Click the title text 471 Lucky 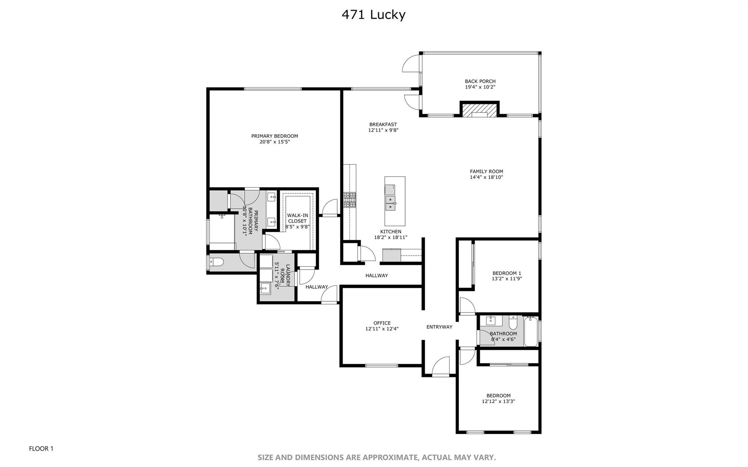(373, 15)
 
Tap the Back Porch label (480, 81)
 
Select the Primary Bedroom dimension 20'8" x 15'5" (275, 142)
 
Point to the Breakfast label (383, 125)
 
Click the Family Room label (486, 172)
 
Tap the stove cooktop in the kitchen (350, 200)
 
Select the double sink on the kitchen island (391, 203)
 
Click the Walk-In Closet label (298, 218)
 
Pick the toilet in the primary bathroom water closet (216, 262)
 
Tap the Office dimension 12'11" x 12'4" (382, 329)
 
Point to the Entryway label (439, 327)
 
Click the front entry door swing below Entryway (440, 366)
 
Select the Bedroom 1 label (507, 273)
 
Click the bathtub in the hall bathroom (531, 332)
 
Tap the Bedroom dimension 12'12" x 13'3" (499, 401)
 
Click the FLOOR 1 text (41, 449)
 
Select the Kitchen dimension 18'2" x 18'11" (391, 238)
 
